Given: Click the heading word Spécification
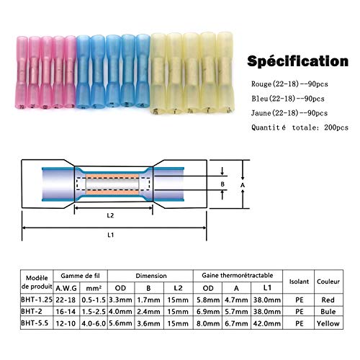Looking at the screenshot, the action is [297, 61].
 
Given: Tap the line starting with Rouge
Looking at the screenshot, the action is [289, 84].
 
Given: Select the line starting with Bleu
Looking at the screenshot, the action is [288, 99].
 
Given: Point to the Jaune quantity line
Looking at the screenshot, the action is [289, 113].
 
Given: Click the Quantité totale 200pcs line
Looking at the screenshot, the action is [300, 127].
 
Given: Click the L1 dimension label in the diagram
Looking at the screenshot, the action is [110, 235].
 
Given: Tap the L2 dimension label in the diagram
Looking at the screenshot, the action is [110, 215].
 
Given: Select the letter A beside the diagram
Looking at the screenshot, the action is [243, 185].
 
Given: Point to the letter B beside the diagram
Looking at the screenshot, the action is [222, 184].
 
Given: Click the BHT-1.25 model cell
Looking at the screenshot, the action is [37, 300].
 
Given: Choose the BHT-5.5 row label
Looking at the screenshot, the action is [35, 323].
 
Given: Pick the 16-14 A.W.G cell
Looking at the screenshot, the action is [66, 312].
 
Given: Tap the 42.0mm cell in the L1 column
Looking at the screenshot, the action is [267, 323].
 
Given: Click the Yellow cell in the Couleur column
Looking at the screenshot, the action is [328, 323].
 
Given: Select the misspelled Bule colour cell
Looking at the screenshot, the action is [328, 312].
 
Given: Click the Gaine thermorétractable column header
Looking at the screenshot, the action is [238, 275].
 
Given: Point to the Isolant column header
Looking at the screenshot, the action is [299, 282].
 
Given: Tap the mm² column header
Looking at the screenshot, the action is [94, 288].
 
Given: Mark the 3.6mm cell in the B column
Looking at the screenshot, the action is [148, 323].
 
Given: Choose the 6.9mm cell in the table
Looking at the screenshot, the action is [208, 312].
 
